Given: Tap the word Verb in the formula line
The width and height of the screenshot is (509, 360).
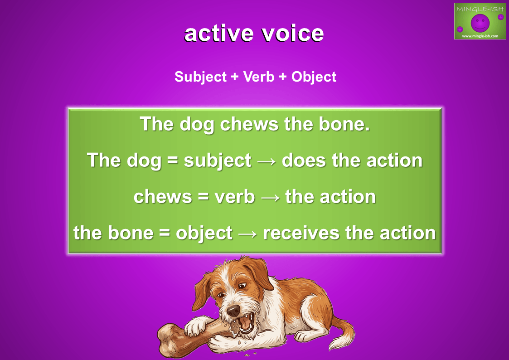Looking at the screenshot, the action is [x=259, y=77].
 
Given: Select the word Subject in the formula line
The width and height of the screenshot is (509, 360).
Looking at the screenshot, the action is [x=200, y=77].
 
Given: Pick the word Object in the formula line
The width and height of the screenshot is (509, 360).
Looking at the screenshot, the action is [x=314, y=77].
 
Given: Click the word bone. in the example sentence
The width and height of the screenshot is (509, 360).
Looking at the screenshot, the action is [x=344, y=124].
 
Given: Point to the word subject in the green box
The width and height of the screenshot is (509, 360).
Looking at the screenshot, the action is [x=218, y=161].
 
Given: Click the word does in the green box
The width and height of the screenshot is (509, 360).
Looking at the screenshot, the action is [x=304, y=161].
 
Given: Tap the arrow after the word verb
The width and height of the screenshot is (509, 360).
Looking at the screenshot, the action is [x=270, y=197].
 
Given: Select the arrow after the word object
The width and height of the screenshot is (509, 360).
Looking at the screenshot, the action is [x=247, y=234].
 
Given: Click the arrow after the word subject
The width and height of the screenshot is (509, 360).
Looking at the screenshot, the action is [x=267, y=161].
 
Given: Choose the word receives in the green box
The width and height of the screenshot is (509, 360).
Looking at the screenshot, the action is [x=301, y=233].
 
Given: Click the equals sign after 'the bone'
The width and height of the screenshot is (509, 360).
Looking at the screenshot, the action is [x=165, y=234].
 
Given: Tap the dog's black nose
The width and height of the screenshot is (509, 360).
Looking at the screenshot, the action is [x=233, y=310].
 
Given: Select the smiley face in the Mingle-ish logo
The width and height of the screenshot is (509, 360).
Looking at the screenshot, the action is [x=480, y=23].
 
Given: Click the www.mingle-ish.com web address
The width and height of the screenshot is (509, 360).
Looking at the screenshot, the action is [x=480, y=36].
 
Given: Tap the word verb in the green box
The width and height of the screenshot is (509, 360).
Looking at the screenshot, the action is [x=235, y=197].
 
